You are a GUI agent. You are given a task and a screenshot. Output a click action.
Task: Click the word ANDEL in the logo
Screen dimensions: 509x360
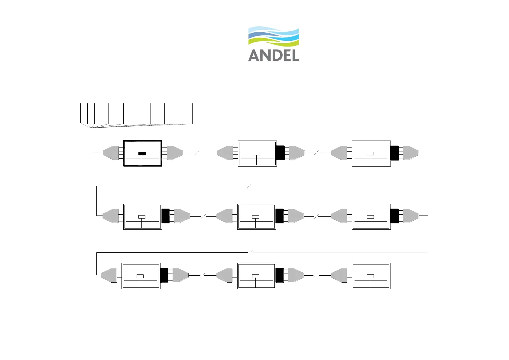click(274, 55)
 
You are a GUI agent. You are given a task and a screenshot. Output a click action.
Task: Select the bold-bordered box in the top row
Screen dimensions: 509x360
click(143, 153)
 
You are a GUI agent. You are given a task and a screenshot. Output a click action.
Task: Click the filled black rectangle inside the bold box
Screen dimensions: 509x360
click(142, 154)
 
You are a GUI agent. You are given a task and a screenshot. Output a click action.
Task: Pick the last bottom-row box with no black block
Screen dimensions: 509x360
click(371, 276)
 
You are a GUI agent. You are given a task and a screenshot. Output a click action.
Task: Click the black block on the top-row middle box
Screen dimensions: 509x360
click(280, 153)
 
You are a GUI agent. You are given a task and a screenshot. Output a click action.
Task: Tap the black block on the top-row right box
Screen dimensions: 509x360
click(394, 153)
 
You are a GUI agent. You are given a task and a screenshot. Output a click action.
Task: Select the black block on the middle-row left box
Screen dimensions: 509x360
click(166, 216)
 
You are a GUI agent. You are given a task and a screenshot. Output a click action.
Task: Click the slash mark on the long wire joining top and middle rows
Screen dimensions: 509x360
click(250, 186)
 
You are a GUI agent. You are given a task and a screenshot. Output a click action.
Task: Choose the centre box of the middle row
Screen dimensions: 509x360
click(257, 217)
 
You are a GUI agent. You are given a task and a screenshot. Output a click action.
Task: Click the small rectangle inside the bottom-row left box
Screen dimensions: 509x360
click(140, 276)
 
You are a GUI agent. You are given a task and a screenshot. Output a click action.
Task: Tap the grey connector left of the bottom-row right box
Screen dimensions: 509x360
click(339, 276)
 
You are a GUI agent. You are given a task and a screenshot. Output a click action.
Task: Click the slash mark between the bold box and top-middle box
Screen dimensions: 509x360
click(196, 153)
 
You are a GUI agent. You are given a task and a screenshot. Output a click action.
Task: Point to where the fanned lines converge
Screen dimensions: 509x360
click(91, 128)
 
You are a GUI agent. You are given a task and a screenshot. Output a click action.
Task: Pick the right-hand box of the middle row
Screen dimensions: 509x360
click(371, 217)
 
